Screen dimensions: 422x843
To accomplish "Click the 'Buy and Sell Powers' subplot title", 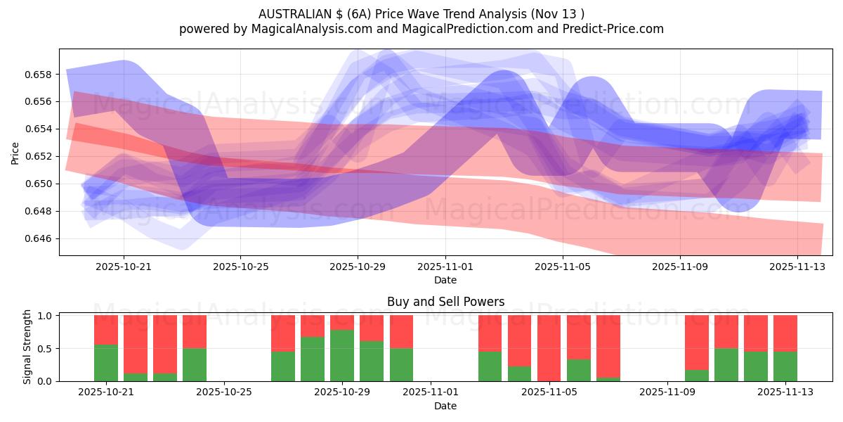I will tap(445, 302).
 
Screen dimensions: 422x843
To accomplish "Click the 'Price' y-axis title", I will tap(15, 152).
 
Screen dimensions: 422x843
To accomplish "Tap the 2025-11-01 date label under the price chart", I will tap(445, 267).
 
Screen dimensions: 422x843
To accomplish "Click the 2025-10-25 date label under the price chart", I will tap(241, 267).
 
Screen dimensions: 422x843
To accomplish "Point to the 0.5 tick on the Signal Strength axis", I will tap(46, 348).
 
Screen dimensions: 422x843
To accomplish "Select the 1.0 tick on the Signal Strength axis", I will tap(46, 316).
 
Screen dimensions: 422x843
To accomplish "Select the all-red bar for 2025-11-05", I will tap(549, 348).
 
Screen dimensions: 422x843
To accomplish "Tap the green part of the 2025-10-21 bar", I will tap(106, 363).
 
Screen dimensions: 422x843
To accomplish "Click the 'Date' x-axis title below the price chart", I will tap(445, 280).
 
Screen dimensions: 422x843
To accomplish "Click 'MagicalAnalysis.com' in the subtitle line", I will tap(306, 29).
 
